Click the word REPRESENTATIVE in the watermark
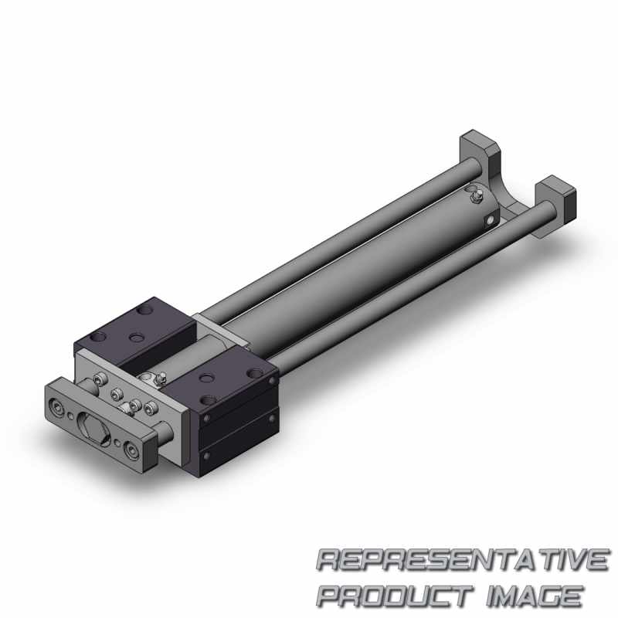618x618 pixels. (x=463, y=559)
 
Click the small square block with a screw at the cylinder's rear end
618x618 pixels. (x=490, y=220)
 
